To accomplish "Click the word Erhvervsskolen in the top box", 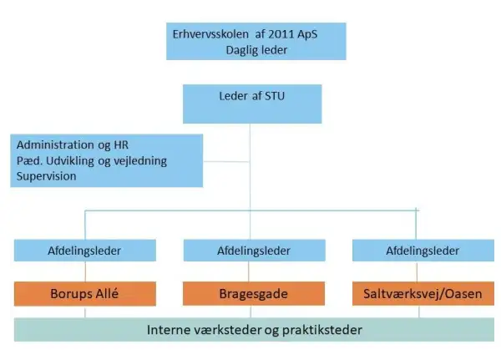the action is (x=210, y=34).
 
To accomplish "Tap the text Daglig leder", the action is (x=256, y=50).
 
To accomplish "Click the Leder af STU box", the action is (x=252, y=104).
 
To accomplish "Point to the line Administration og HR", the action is (x=73, y=145).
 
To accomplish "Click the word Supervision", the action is (x=46, y=176).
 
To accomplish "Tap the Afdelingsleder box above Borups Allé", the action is (x=85, y=251).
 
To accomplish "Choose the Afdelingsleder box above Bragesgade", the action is (x=255, y=251).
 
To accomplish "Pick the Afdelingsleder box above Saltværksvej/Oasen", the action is (x=423, y=251).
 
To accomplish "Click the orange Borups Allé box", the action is (x=85, y=294).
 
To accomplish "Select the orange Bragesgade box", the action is (x=254, y=294).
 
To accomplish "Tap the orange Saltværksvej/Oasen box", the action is (x=423, y=294).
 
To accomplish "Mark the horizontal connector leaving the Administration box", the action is (x=226, y=161).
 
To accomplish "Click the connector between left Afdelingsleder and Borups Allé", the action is (x=85, y=271).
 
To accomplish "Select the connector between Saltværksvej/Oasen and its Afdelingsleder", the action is (x=417, y=271).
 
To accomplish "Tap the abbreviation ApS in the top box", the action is (x=307, y=34).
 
